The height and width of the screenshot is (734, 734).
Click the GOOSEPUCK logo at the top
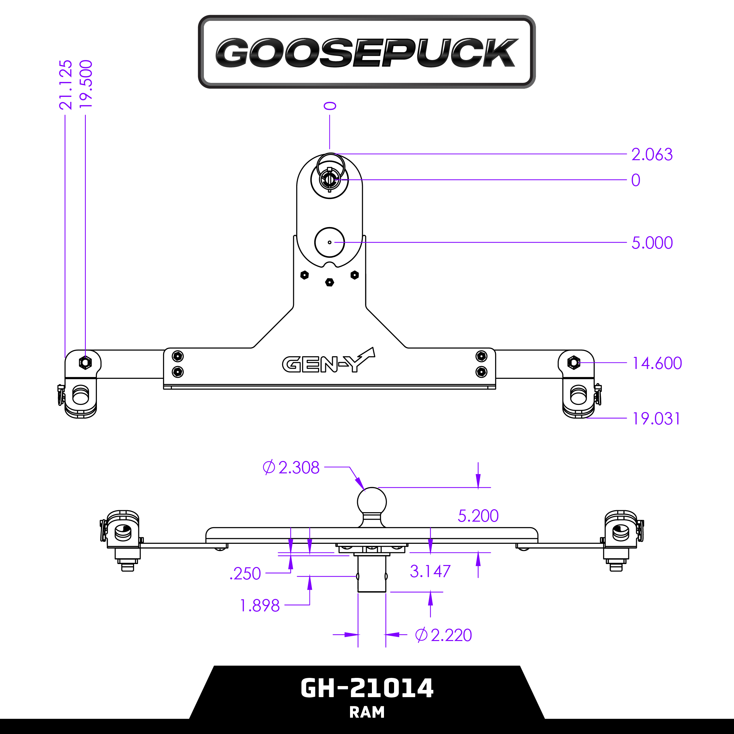(x=367, y=53)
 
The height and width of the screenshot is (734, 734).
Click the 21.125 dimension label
(x=66, y=84)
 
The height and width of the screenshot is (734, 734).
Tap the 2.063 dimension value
(x=651, y=155)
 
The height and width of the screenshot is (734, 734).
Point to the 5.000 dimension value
(x=651, y=243)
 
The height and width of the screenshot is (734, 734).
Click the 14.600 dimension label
(x=656, y=363)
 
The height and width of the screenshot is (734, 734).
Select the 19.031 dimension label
(x=656, y=419)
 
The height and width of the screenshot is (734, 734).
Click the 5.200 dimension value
(x=478, y=515)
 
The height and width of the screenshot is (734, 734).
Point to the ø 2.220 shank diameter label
(x=443, y=635)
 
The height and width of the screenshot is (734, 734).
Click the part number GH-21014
(x=367, y=688)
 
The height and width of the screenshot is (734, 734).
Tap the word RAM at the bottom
(x=367, y=712)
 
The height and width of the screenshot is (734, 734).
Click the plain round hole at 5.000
(x=329, y=242)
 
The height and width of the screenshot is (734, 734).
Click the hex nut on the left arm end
(x=85, y=362)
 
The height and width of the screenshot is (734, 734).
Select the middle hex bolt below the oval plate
(x=329, y=282)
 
